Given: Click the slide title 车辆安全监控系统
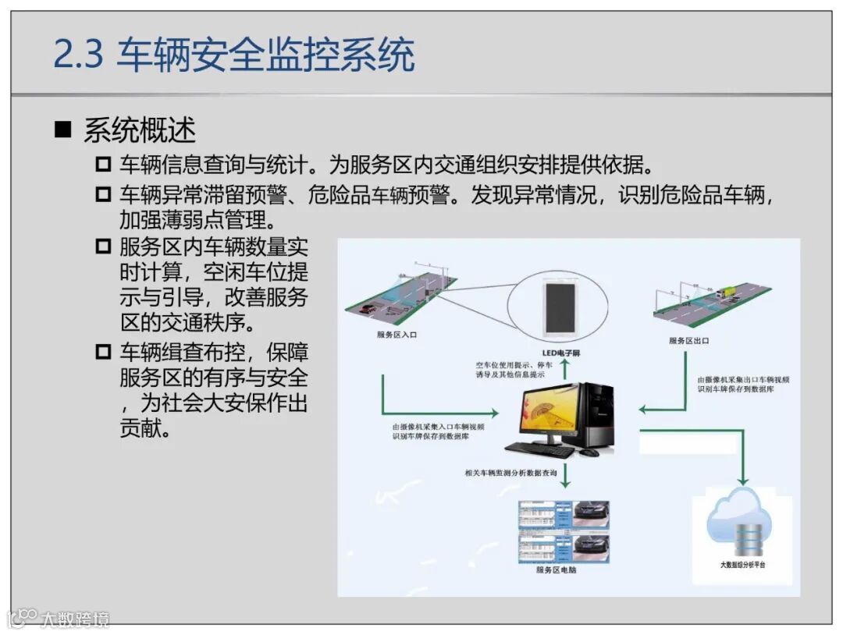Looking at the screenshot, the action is (265, 56).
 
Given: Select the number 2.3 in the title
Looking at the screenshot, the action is (78, 56).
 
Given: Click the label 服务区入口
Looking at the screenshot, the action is (397, 335).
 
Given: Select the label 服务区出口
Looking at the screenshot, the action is (689, 340).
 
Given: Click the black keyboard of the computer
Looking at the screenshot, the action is (539, 449).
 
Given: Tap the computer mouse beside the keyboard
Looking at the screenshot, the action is (589, 452).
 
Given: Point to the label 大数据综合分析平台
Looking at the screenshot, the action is (742, 563).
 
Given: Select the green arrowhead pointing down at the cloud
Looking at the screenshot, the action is (742, 480).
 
